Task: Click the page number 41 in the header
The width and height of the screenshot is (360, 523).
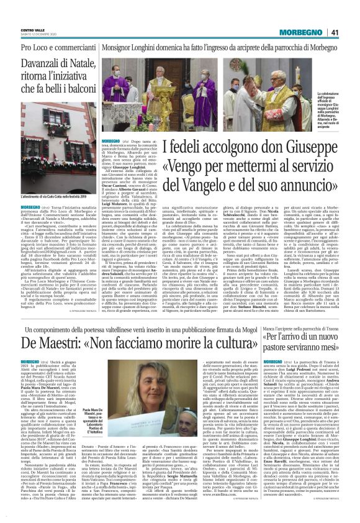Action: point(351,15)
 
